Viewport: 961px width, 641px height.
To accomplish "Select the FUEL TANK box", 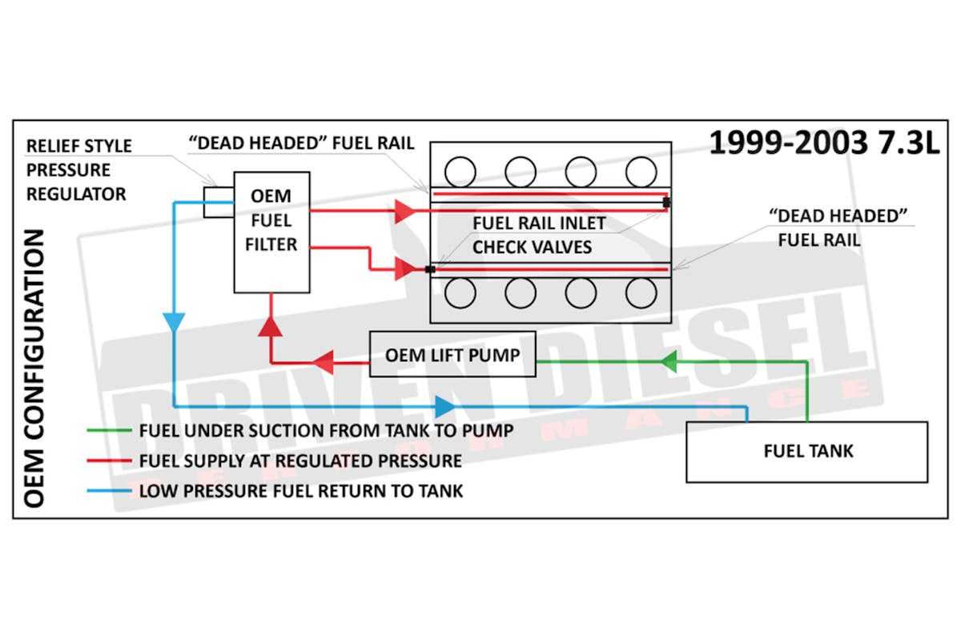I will (x=806, y=451).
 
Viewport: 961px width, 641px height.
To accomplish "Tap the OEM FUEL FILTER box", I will (x=271, y=232).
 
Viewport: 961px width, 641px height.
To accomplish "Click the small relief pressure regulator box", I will (x=218, y=202).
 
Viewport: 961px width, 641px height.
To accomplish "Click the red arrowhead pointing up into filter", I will (x=271, y=329).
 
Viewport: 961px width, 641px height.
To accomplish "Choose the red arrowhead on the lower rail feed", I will (x=405, y=269).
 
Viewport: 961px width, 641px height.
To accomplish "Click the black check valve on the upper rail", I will (x=666, y=203).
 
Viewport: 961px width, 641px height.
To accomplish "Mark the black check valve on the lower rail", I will (x=431, y=270).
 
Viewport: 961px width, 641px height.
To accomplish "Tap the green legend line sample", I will (x=109, y=430).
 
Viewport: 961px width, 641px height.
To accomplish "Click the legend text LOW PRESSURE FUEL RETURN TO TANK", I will (x=301, y=490).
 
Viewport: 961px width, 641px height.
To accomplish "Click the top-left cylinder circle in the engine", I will (x=460, y=171).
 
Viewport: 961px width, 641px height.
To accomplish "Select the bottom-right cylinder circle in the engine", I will (x=641, y=293).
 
